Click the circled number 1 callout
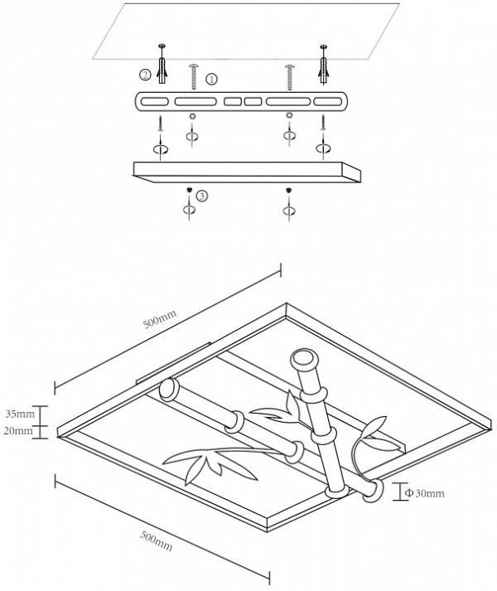211,79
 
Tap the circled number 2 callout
145,75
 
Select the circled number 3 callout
202,196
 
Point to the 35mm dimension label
20,413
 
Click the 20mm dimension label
20,431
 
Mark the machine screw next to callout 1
193,77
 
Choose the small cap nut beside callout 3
191,192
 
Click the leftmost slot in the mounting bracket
154,101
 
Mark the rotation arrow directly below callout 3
191,211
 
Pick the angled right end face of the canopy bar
354,172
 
